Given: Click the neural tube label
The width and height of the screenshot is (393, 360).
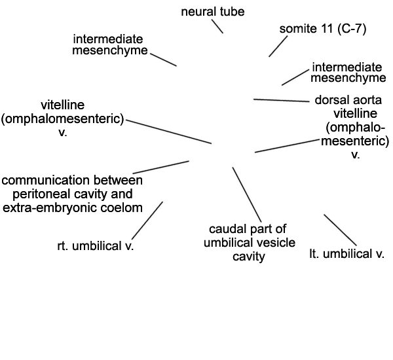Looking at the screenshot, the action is click(212, 12).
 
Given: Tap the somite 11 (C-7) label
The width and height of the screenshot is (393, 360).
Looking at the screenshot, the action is click(323, 29).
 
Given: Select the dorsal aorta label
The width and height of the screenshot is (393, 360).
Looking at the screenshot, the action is click(348, 100).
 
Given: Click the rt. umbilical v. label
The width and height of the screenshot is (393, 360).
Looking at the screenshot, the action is click(96, 246).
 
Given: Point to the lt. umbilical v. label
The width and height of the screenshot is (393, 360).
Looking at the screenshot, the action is click(347, 254).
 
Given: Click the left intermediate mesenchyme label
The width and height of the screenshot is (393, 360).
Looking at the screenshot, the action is click(110, 45).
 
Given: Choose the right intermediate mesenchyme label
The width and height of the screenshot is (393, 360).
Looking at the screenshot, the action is click(348, 73).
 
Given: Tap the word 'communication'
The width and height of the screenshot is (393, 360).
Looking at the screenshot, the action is click(46, 181).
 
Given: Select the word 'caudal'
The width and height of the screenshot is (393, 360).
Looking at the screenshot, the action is click(224, 229).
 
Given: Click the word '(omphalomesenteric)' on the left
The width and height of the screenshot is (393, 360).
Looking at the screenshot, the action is click(62, 118).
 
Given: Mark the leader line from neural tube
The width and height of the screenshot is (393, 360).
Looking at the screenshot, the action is click(217, 26).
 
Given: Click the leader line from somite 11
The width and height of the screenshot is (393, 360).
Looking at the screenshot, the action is click(278, 46).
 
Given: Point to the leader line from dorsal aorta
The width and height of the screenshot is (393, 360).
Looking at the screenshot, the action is click(282, 100).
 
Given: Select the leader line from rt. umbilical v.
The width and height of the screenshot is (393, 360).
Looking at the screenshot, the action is click(147, 221).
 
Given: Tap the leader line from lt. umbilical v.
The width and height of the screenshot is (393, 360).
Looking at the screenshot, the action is click(340, 230).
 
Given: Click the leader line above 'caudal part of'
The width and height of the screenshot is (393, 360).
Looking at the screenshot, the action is click(247, 194).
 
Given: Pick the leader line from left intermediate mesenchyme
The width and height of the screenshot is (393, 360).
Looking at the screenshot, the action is click(163, 60).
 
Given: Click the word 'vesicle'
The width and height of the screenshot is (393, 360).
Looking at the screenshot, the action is click(278, 243).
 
